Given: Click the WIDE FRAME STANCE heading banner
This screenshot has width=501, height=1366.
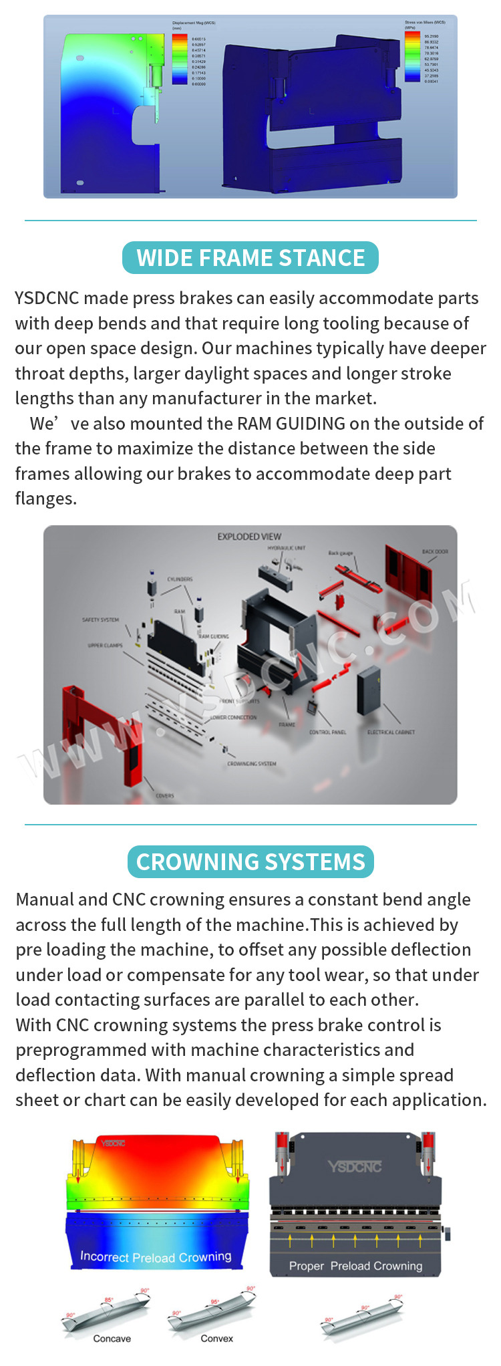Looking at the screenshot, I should tap(251, 258).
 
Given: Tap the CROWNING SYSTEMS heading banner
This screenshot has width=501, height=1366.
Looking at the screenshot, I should tap(251, 862).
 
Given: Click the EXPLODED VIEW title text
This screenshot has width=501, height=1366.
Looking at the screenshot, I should tap(249, 537).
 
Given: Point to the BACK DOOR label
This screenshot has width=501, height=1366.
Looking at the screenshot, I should tap(435, 552).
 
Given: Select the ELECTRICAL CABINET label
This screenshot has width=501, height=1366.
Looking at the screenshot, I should tap(391, 732).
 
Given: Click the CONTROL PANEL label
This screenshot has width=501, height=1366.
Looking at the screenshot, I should tap(327, 732).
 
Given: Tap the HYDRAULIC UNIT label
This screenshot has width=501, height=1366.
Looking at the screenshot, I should tap(287, 548).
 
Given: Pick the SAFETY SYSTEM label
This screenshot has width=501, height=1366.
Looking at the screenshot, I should tap(100, 620).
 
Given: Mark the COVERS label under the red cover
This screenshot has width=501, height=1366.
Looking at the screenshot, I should tap(165, 796).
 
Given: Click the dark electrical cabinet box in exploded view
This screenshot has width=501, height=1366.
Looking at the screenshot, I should tap(368, 690).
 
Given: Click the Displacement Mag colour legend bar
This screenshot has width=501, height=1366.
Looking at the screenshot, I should tap(180, 59).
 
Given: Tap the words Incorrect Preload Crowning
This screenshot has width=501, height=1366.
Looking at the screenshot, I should tap(156, 1257).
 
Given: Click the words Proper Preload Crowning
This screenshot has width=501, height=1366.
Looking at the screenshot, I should tap(355, 1266).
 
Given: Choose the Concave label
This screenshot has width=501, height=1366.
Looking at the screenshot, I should tap(112, 1339).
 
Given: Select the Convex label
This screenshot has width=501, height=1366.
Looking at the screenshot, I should tap(217, 1339).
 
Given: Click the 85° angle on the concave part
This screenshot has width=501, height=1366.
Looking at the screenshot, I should tap(108, 1300).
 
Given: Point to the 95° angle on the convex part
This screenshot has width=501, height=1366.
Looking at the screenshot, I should tap(214, 1302).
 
